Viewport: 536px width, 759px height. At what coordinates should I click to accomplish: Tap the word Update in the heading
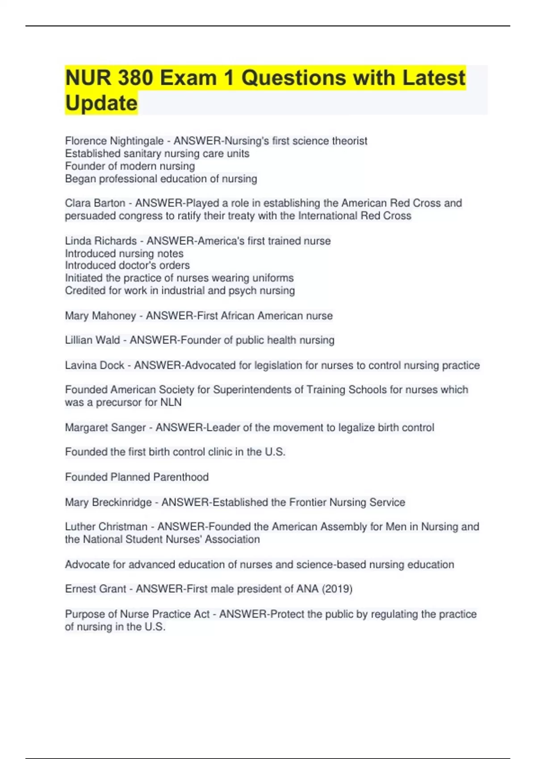[101, 103]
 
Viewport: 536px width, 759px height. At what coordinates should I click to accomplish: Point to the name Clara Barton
[95, 203]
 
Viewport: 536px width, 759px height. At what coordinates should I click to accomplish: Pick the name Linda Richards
[101, 241]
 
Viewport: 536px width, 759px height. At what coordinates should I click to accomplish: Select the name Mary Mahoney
[100, 316]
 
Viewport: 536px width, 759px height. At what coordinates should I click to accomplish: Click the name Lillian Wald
[92, 340]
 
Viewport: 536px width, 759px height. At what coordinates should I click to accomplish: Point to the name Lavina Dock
[95, 366]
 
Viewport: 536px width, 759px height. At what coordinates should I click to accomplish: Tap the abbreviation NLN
[171, 403]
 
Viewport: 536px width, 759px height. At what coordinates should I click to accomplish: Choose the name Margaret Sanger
[105, 428]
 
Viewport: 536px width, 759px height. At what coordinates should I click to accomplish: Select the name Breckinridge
[121, 503]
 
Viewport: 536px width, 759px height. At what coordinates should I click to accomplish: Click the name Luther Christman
[106, 527]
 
